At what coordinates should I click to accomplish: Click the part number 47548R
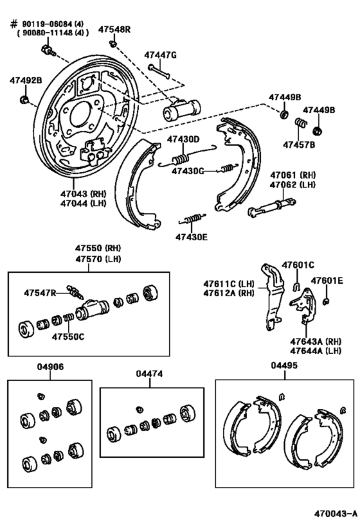click(114, 30)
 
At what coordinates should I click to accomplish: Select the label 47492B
click(25, 80)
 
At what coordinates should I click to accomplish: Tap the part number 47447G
click(159, 55)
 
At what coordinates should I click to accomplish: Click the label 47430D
click(183, 139)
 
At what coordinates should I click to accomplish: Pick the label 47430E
click(191, 236)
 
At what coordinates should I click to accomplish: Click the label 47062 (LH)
click(293, 184)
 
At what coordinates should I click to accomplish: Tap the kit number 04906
click(51, 367)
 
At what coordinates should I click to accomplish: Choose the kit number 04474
click(148, 373)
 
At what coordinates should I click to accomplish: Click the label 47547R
click(40, 292)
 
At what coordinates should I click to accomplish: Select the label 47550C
click(68, 336)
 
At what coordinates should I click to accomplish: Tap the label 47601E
click(327, 280)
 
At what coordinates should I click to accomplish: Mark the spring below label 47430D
click(182, 158)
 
